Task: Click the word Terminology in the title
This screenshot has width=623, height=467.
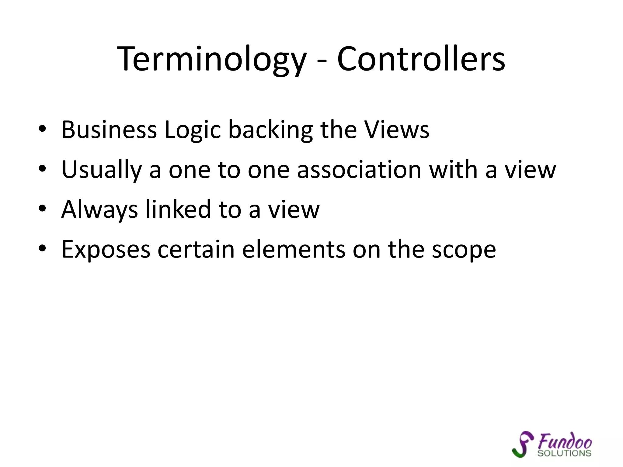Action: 211,59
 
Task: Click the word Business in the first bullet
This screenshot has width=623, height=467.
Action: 109,130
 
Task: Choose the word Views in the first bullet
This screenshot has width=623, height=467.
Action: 397,130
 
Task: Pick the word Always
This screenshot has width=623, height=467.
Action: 99,210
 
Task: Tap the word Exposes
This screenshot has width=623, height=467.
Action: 106,250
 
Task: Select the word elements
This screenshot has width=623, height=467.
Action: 294,250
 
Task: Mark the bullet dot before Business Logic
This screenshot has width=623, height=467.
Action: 42,129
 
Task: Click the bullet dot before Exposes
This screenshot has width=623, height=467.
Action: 42,248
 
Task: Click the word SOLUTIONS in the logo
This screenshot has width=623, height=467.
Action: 564,453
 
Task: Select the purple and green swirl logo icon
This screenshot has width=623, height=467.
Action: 522,444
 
